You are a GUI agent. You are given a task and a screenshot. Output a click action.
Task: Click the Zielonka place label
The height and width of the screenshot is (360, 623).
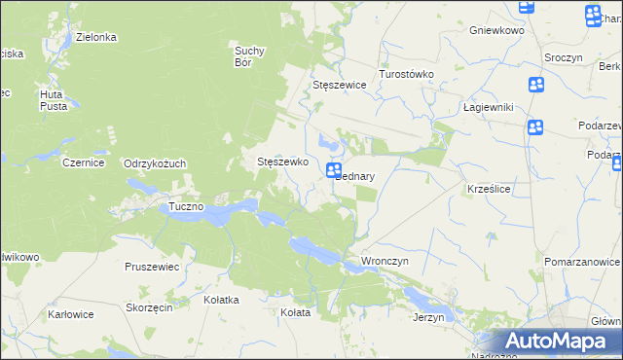pyautogui.click(x=96, y=37)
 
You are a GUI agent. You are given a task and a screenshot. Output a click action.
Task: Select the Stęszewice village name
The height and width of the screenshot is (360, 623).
pyautogui.click(x=339, y=85)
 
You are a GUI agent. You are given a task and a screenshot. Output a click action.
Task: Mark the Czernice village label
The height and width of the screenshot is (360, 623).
pyautogui.click(x=83, y=163)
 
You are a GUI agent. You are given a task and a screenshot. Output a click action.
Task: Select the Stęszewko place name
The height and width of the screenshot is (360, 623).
pyautogui.click(x=282, y=162)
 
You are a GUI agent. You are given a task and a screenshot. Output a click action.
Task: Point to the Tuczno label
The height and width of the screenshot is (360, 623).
pyautogui.click(x=185, y=207)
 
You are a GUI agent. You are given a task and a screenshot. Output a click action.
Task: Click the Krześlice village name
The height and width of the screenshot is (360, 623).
pyautogui.click(x=490, y=188)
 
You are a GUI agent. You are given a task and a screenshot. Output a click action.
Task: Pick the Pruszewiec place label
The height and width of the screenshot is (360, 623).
pyautogui.click(x=152, y=266)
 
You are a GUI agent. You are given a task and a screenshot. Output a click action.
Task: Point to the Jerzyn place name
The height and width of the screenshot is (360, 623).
pyautogui.click(x=428, y=317)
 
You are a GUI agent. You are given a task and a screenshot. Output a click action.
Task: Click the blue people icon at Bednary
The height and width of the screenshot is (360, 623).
pyautogui.click(x=333, y=170)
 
